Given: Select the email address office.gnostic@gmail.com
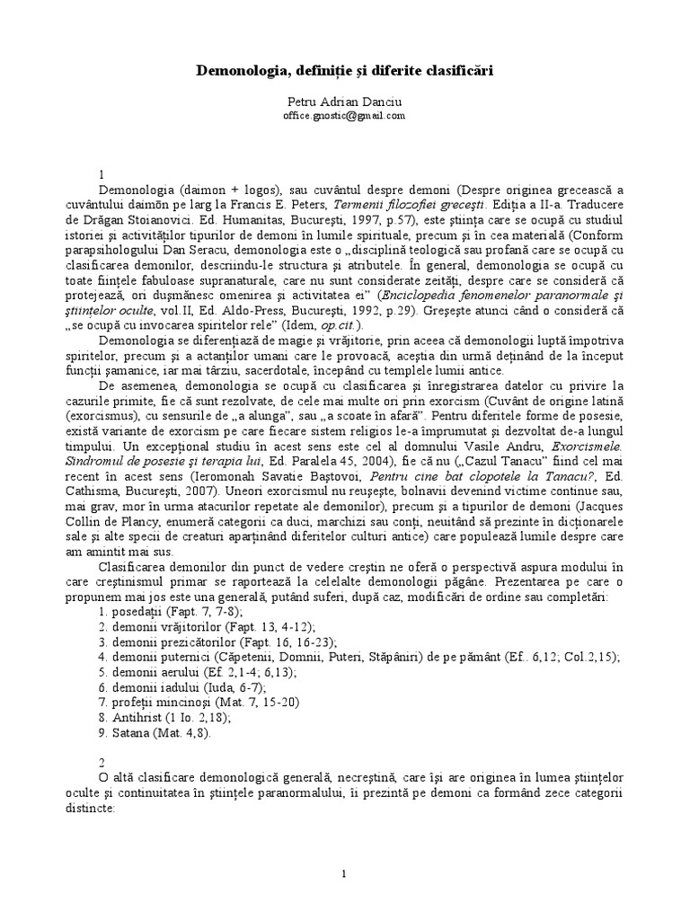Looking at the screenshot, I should pos(344,116).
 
